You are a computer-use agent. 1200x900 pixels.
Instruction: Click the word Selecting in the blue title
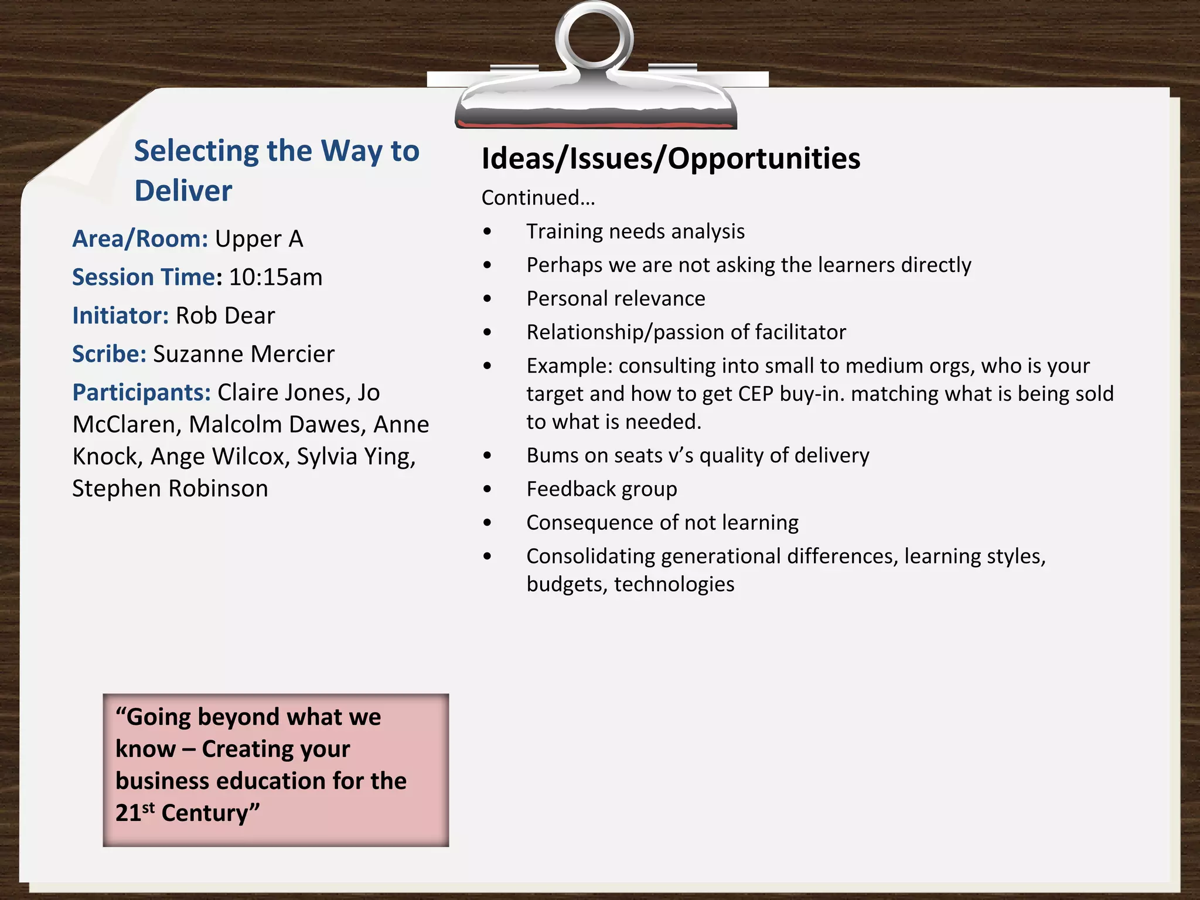196,151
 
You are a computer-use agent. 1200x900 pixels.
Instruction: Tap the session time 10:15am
275,277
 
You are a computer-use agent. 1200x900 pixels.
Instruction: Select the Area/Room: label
140,239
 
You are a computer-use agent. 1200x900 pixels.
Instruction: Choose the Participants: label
141,393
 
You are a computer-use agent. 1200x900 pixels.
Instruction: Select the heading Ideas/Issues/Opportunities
670,158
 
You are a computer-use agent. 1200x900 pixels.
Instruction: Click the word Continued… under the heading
538,198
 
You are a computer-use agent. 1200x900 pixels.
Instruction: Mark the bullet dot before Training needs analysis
487,232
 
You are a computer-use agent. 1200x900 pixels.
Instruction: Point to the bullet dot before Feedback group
487,489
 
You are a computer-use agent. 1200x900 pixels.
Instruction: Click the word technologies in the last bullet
674,584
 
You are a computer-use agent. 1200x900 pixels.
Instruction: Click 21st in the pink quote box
135,813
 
